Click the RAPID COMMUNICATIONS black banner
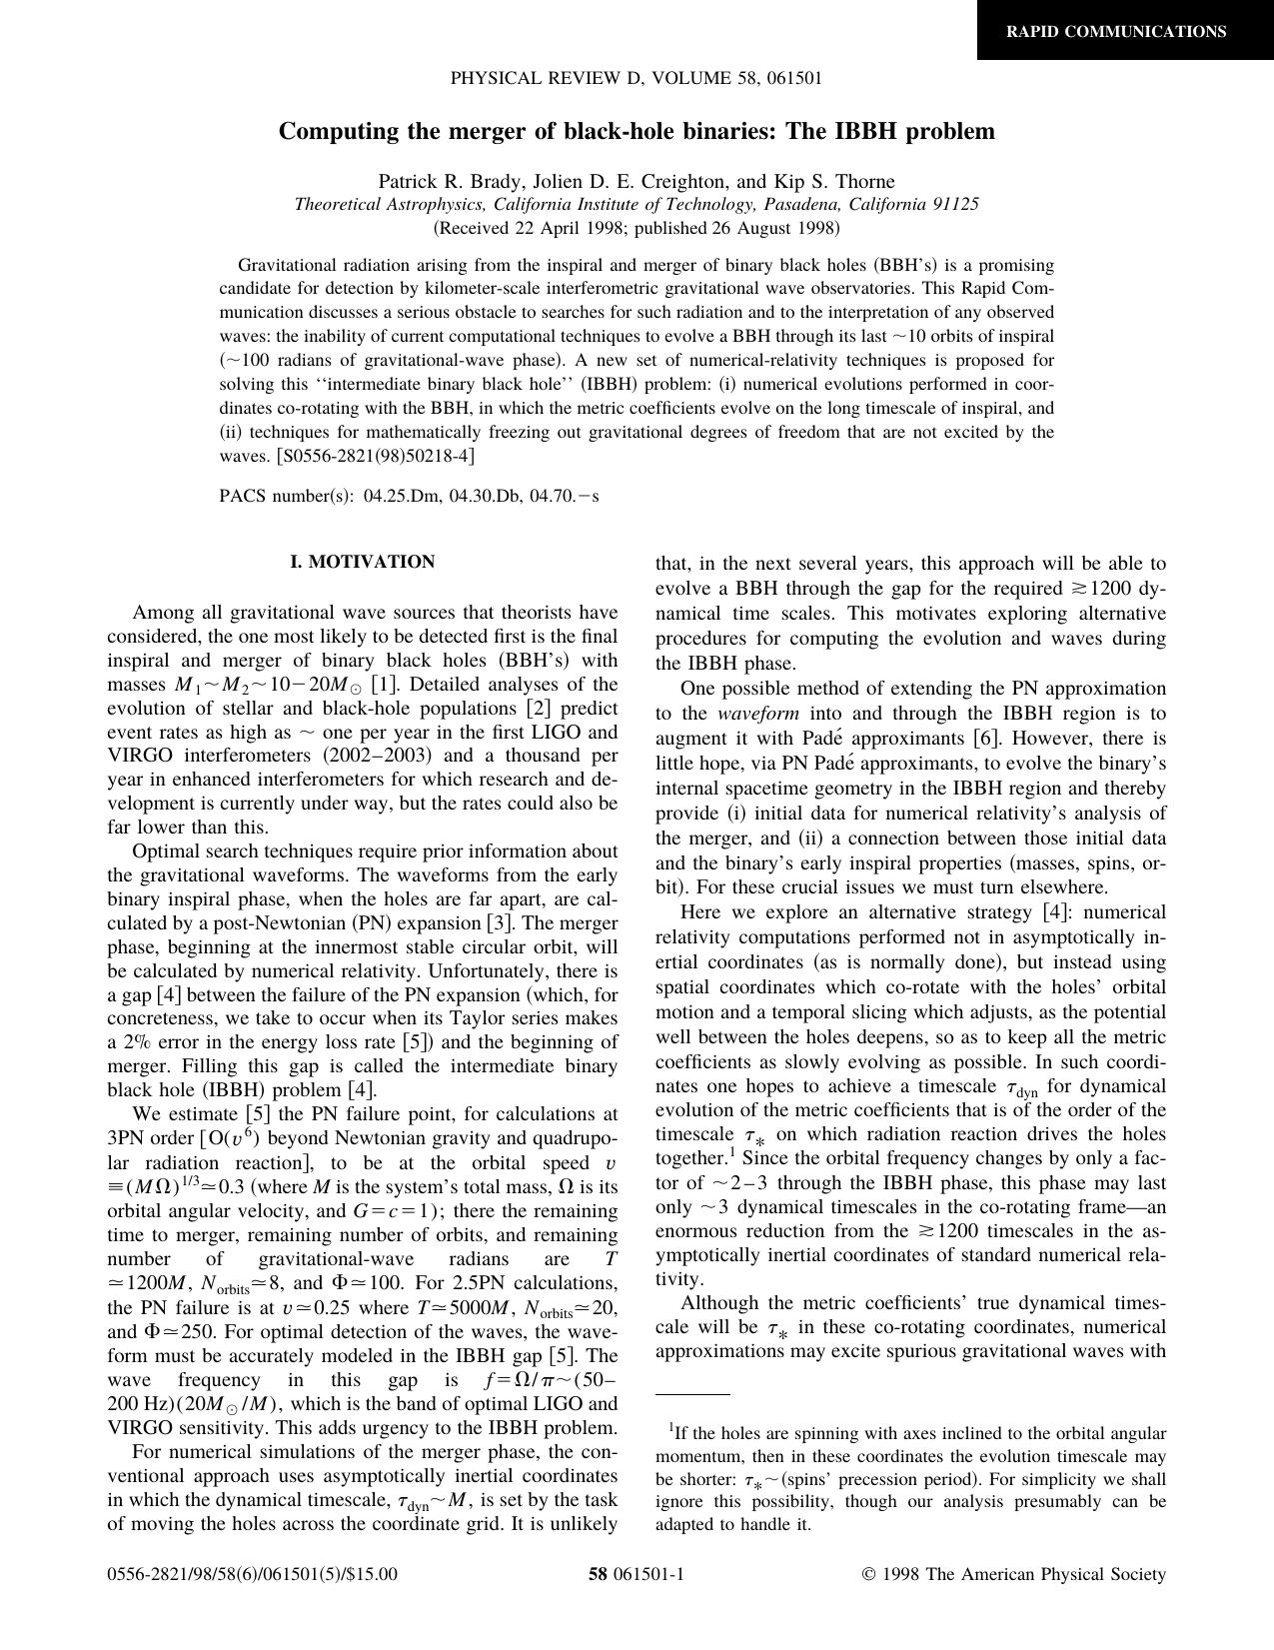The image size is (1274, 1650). pos(1115,31)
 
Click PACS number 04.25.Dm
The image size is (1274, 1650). pos(402,496)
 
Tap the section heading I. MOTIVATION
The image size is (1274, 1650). pos(363,562)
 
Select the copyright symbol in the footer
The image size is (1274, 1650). pos(868,1575)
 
